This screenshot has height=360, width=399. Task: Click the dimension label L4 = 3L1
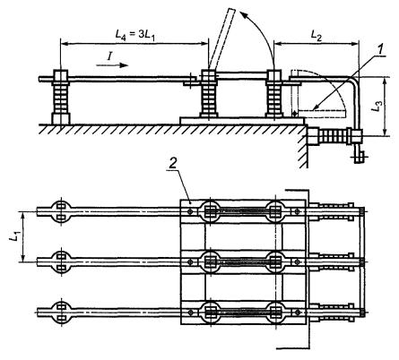point(136,34)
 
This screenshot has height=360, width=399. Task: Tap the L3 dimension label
point(377,107)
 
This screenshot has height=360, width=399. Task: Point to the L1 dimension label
point(13,236)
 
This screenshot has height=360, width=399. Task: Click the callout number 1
point(380,49)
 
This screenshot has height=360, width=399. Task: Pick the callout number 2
point(174,164)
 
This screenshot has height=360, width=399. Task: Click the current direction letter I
point(109,56)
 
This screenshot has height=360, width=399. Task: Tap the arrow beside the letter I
point(112,65)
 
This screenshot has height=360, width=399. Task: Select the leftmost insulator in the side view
point(61,97)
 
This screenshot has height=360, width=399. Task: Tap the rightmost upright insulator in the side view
point(273,93)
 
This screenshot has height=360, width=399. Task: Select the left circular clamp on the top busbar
point(61,211)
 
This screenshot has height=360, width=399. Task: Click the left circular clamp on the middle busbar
point(61,261)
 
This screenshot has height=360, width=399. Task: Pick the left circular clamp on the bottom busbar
point(61,312)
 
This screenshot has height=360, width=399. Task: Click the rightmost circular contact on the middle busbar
point(276,261)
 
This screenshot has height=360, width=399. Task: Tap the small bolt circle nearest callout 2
point(190,211)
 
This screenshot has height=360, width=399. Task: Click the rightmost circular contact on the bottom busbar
point(276,313)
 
